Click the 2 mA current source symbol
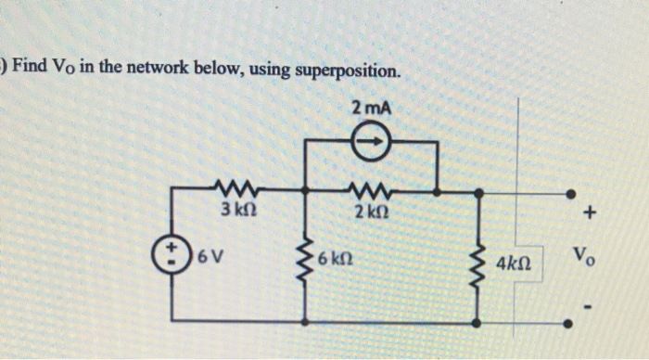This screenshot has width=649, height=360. point(371,144)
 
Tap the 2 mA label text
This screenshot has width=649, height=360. point(372,109)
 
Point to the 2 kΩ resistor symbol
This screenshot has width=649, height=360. point(371,188)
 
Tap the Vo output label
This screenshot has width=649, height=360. point(582,255)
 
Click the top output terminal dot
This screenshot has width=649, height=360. point(570,194)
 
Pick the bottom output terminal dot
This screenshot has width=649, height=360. point(570,323)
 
